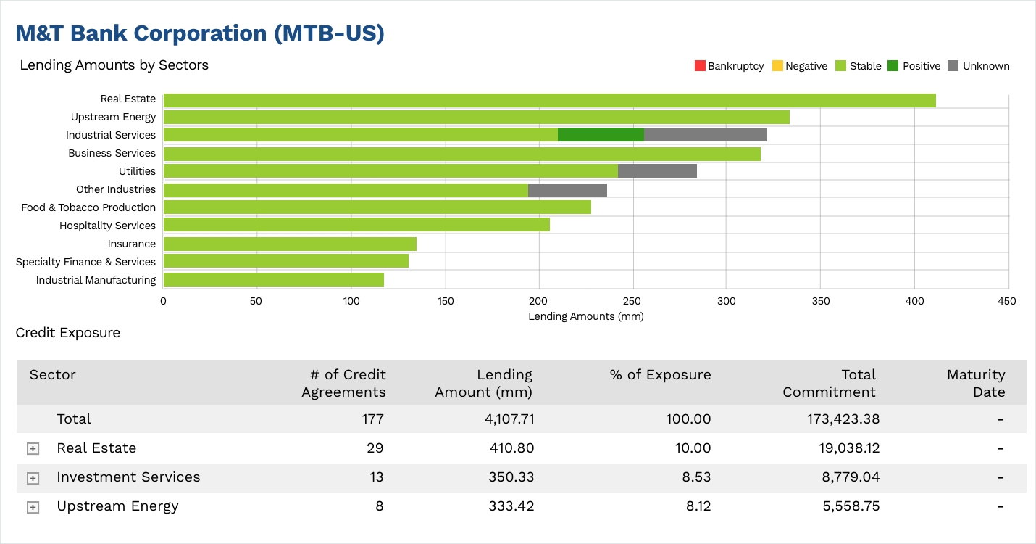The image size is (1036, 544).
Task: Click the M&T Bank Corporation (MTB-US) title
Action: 200,33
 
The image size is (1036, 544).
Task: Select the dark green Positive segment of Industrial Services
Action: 601,135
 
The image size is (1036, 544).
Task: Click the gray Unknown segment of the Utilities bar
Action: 657,171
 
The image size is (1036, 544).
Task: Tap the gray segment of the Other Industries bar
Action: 567,190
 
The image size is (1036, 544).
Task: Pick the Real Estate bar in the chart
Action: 549,100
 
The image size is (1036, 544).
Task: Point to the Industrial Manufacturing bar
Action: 273,280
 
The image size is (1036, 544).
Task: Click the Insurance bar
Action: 290,244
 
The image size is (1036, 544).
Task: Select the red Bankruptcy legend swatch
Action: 699,66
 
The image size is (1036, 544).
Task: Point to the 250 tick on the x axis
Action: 633,300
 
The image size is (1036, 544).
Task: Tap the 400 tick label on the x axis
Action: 914,300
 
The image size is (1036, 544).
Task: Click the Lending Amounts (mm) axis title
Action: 585,316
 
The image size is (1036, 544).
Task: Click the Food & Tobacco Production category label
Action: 88,207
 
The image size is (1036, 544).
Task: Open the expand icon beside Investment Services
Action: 33,478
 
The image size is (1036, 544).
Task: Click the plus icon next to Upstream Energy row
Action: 33,507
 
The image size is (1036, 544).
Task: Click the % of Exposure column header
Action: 660,374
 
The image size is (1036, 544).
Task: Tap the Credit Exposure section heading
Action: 68,333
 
